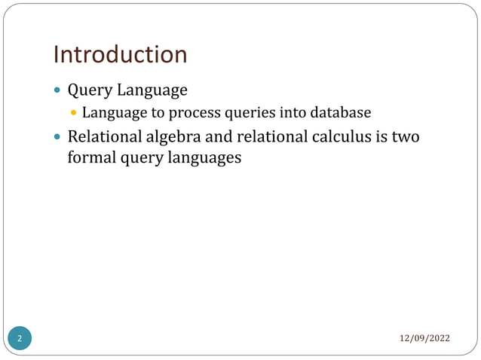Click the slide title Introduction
(x=120, y=54)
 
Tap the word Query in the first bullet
(x=90, y=91)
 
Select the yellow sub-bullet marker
(x=74, y=114)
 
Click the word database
(x=343, y=114)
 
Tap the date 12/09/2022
(x=424, y=337)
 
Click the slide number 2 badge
(x=20, y=338)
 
